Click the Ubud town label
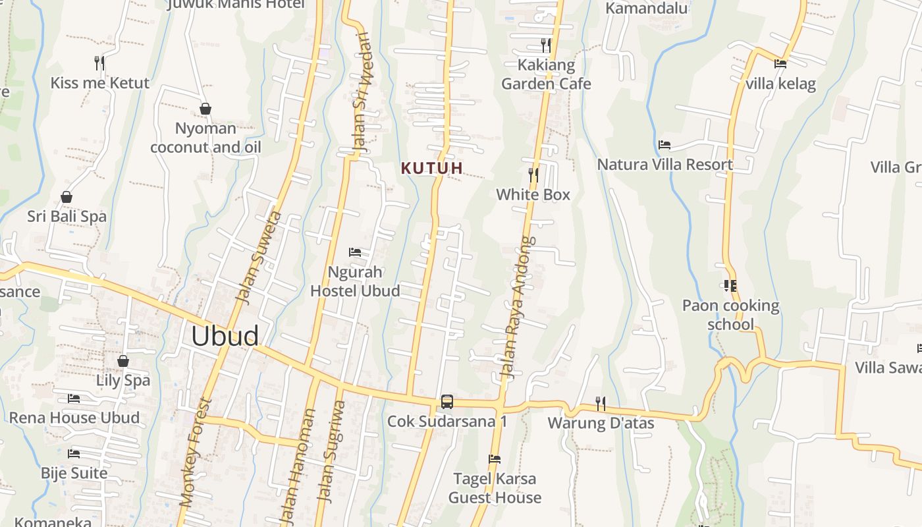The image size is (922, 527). tap(225, 336)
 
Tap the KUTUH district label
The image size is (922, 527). tap(432, 168)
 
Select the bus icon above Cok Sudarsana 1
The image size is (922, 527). tap(447, 401)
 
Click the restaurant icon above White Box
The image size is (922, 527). tap(533, 175)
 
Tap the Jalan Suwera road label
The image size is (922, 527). tap(259, 258)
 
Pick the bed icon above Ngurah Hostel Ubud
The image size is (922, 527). tap(355, 252)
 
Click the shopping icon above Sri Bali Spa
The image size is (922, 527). tap(67, 197)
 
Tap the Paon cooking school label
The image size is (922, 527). tap(730, 315)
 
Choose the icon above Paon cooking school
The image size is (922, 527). tap(730, 286)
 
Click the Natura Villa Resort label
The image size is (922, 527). tap(665, 164)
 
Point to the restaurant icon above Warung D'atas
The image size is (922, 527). tap(601, 402)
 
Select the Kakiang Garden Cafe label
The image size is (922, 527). tap(546, 74)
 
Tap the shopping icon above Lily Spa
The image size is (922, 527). tap(123, 361)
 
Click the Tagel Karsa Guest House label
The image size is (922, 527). tap(495, 488)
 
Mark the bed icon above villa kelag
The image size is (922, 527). tap(780, 64)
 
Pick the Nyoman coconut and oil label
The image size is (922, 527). tap(205, 138)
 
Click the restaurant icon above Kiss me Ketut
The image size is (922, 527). tap(99, 63)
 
